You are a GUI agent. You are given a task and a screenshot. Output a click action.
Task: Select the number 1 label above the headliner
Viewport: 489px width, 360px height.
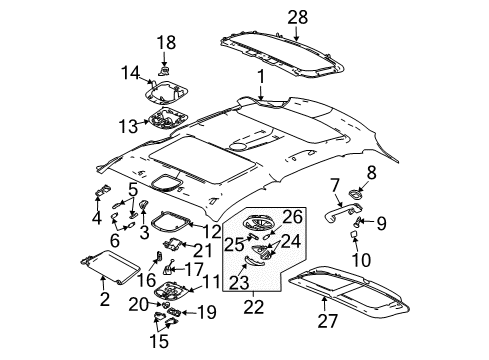coord(259,76)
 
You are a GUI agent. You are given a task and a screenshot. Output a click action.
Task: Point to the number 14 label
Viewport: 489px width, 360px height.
coord(131,72)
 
